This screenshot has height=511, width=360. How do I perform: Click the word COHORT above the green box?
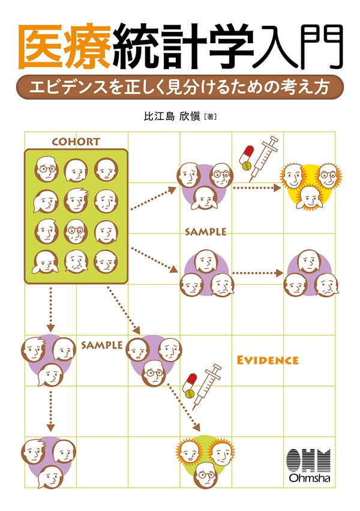point(76,142)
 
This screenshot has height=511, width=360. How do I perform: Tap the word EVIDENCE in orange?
point(268,360)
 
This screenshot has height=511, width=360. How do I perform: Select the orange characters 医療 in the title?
point(65,47)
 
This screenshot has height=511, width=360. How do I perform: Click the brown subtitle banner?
point(179,86)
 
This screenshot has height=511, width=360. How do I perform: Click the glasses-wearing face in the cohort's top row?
point(47,169)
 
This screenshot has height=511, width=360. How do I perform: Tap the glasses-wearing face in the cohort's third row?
point(76,232)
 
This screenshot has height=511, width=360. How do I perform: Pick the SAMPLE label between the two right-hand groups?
point(205,232)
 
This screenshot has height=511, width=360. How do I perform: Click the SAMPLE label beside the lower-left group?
point(101,345)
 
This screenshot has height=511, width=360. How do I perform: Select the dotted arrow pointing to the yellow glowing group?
point(257,188)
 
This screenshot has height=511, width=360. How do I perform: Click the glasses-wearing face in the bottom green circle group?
point(206,475)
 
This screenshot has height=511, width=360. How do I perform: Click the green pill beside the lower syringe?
point(190,393)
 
